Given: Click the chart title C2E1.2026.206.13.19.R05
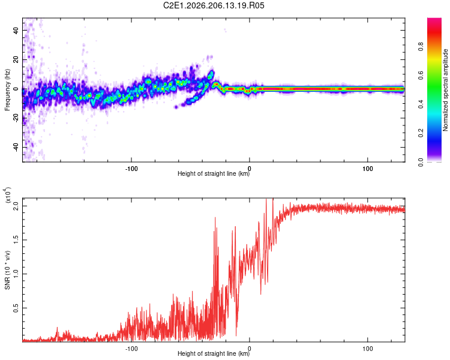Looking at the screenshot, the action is (x=214, y=5).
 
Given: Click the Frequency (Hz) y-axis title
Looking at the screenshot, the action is (x=7, y=90).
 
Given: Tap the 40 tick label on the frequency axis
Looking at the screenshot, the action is (x=16, y=30).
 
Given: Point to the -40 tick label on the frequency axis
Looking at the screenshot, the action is (x=16, y=148).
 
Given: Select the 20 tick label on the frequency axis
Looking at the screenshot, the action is (x=16, y=59).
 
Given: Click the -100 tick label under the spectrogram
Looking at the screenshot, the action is (x=131, y=169).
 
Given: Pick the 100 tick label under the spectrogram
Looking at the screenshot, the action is (x=368, y=169).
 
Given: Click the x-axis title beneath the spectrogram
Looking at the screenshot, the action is (x=214, y=173).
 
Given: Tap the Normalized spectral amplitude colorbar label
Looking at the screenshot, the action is (x=445, y=90).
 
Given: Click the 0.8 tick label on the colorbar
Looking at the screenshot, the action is (x=421, y=47).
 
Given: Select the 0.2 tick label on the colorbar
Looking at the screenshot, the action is (x=421, y=133).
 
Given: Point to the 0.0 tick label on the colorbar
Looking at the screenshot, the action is (x=421, y=163).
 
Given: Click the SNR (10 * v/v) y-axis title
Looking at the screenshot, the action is (x=7, y=270).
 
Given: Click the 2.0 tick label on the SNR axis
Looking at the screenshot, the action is (x=16, y=206).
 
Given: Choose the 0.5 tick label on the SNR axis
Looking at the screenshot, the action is (x=16, y=308).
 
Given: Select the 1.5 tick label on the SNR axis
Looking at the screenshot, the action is (x=16, y=240).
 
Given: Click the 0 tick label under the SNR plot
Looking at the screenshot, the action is (x=250, y=349).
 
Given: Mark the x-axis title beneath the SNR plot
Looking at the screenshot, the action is (x=214, y=353).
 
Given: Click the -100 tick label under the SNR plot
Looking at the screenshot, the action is (x=131, y=349).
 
